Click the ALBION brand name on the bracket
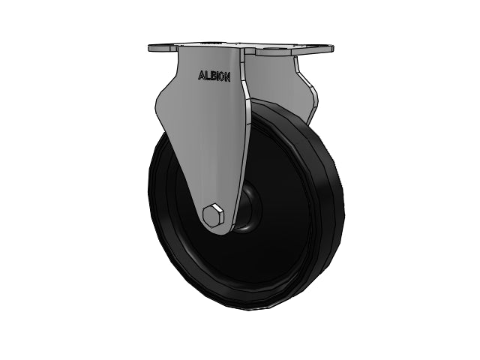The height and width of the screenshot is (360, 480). click(214, 76)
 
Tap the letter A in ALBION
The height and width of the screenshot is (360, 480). click(200, 76)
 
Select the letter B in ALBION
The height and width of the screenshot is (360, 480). click(211, 76)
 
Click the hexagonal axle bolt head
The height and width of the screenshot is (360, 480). click(213, 216)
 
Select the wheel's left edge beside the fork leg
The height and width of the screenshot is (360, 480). click(154, 195)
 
